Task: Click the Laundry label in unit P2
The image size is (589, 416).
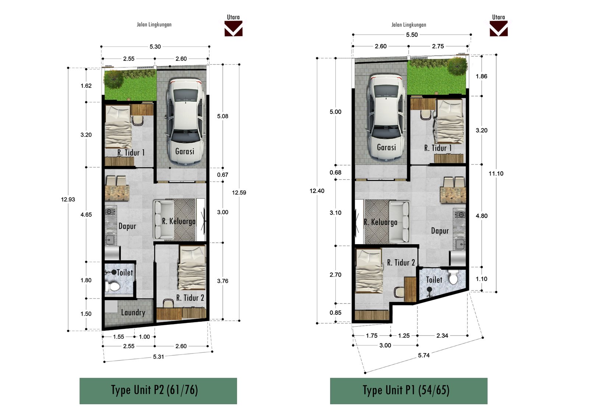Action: [133, 313]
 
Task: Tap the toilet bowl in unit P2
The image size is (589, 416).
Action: [113, 286]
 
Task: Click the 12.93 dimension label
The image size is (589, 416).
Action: [68, 199]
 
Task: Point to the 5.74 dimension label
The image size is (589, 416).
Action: [424, 355]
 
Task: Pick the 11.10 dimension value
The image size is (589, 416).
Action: [496, 174]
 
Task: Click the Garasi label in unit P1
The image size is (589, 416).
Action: [386, 147]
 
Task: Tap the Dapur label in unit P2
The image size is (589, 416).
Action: [127, 226]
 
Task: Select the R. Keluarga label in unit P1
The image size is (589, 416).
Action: [381, 222]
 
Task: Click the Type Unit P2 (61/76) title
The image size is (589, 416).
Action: [154, 390]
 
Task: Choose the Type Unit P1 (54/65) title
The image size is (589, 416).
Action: [406, 390]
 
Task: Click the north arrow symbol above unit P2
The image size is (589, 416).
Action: [233, 29]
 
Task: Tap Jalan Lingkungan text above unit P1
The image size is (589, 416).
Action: [409, 25]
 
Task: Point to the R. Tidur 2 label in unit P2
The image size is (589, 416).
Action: [190, 298]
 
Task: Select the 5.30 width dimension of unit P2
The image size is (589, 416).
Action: [155, 47]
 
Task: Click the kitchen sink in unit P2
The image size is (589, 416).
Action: [110, 239]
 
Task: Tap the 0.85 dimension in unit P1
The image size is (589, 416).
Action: [335, 313]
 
